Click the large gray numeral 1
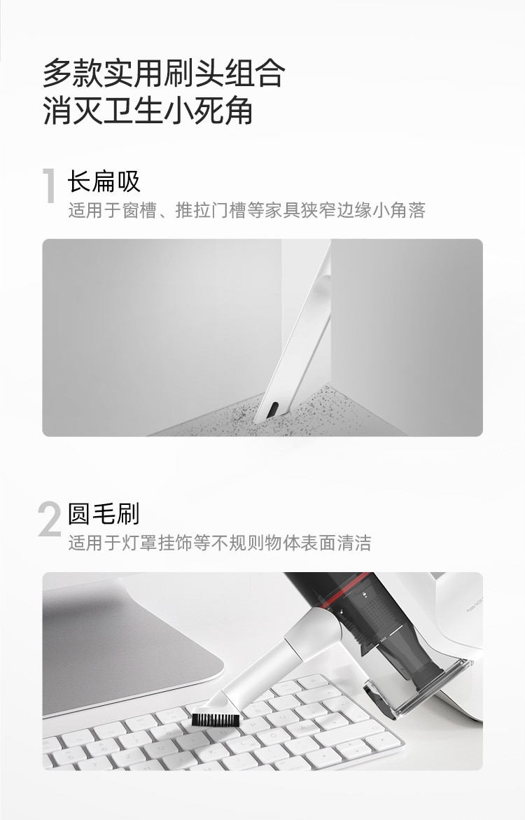50,185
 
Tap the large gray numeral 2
50,519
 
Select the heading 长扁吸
104,181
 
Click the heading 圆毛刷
104,513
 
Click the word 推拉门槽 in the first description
211,210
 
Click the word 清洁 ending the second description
354,543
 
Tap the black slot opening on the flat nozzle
273,410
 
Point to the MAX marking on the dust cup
384,639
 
